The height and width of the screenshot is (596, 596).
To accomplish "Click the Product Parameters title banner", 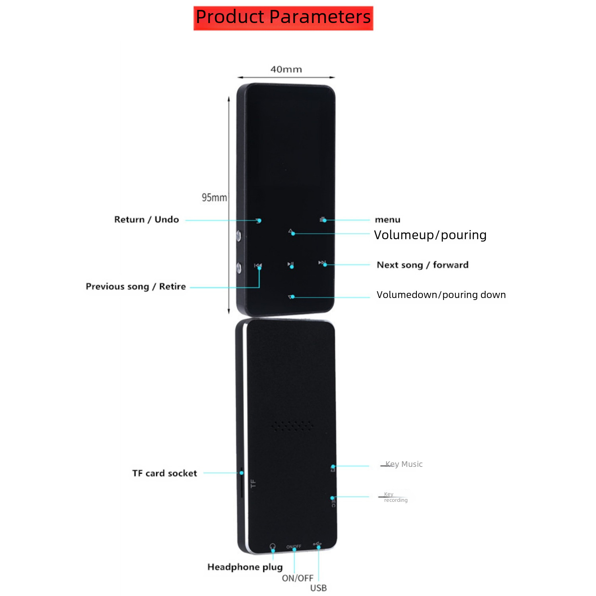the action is click(283, 18).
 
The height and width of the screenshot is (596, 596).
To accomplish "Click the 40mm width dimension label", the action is click(286, 70).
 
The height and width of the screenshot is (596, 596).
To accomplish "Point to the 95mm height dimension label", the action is click(214, 197).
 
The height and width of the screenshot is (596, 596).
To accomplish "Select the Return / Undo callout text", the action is click(147, 220).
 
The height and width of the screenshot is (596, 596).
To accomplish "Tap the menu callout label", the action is click(387, 220).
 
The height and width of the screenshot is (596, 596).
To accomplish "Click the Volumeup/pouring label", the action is click(430, 235).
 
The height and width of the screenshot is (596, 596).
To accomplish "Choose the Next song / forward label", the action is click(422, 265).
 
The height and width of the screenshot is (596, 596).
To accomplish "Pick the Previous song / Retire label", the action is click(136, 286).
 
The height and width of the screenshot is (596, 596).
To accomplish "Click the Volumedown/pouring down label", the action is click(441, 295).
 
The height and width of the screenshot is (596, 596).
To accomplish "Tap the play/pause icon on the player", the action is click(290, 264).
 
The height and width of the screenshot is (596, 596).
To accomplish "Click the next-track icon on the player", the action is click(322, 263).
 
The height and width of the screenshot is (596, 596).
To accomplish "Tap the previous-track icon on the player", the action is click(258, 265).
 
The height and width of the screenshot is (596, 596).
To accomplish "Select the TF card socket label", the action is click(164, 473).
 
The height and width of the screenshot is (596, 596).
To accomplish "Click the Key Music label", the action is click(404, 464).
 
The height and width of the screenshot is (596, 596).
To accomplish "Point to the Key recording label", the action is click(395, 497).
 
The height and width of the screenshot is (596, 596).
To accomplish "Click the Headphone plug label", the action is click(245, 567).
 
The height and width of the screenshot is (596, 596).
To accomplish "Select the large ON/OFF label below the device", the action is click(298, 578).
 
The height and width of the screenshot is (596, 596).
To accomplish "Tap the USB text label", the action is click(318, 588).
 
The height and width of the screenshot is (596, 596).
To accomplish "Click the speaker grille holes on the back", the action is click(292, 426).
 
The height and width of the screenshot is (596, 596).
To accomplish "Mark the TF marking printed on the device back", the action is click(253, 484).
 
